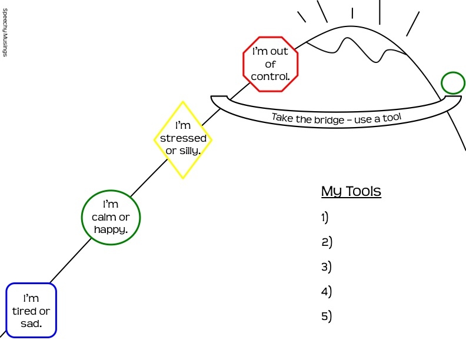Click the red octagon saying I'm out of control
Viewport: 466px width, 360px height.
271,64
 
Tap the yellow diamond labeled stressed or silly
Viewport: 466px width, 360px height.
183,140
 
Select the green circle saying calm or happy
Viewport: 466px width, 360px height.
111,217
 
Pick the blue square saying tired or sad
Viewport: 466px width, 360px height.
31,311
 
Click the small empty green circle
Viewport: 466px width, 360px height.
452,83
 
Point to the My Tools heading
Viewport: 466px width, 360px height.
351,192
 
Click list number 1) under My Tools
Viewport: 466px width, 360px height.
325,217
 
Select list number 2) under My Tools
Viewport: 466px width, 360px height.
327,242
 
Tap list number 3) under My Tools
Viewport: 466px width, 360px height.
327,266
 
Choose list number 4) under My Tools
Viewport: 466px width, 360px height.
327,291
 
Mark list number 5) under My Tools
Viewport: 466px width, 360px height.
327,316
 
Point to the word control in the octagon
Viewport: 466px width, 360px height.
271,76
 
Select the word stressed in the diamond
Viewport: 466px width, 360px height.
183,139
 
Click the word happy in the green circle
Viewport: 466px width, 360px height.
111,229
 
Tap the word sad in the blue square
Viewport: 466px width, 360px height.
31,324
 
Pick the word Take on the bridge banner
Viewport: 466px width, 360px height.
282,117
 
